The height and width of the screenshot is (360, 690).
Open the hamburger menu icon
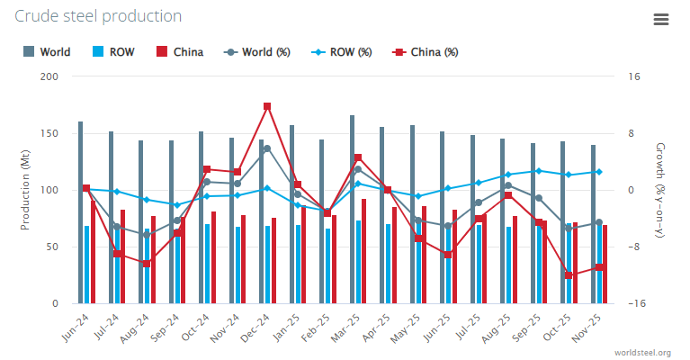[660, 20]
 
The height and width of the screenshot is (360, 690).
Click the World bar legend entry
[48, 51]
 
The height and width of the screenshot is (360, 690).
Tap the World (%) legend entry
[257, 51]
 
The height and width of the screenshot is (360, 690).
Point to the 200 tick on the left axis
[49, 76]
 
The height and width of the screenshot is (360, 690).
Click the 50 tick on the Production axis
[52, 247]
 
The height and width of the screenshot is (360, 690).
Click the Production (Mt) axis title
[24, 190]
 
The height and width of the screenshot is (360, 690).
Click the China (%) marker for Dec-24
[267, 106]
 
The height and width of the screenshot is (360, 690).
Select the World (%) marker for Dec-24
[267, 149]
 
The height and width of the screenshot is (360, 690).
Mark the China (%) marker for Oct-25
[569, 275]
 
